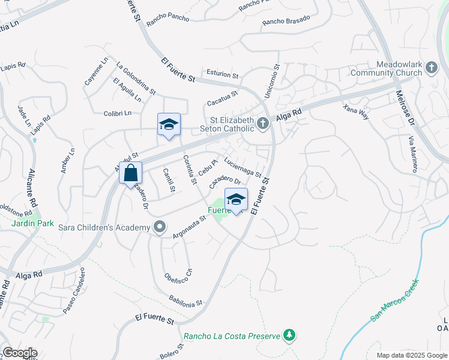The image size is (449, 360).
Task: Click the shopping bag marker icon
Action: (x=130, y=173)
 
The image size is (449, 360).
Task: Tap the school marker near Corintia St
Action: (x=169, y=125)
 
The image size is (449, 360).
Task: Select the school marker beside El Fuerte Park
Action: (x=236, y=200)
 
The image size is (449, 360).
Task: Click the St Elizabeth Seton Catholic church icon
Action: (x=262, y=124)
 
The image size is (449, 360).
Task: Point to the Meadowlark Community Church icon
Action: (x=431, y=69)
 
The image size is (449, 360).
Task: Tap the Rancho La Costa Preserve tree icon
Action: (x=290, y=334)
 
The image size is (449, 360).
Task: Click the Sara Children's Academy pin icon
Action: (x=160, y=227)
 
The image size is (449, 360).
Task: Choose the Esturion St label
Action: (x=223, y=75)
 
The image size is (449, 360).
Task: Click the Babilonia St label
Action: (x=185, y=299)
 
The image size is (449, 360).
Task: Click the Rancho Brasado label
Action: (x=286, y=21)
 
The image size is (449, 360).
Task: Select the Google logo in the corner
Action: (x=19, y=353)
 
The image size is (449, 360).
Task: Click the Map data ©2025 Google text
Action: (x=411, y=355)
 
